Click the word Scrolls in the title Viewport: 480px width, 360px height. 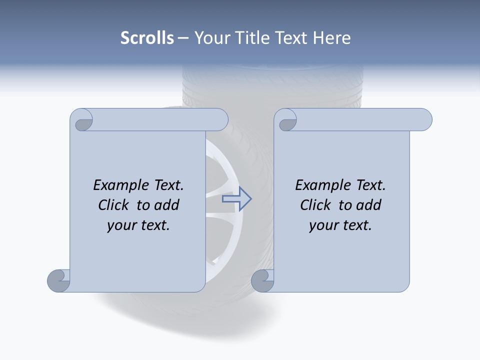[147, 38]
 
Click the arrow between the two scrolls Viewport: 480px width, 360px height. [237, 199]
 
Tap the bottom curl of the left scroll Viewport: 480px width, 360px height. [58, 280]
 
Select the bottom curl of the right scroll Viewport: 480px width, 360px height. [262, 280]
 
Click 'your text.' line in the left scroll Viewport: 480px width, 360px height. [138, 225]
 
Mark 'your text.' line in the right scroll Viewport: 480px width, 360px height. [340, 225]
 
